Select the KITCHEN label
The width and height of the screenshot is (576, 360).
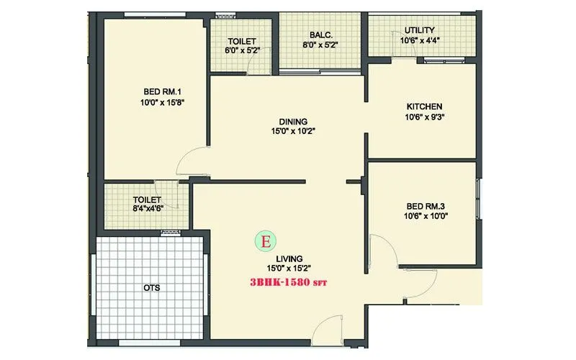point(423,107)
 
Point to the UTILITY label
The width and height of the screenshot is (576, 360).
point(419,30)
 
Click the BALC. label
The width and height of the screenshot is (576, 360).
point(320,34)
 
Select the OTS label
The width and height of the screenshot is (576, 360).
point(151,288)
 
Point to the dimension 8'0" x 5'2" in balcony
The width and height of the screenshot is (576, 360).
point(320,45)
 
